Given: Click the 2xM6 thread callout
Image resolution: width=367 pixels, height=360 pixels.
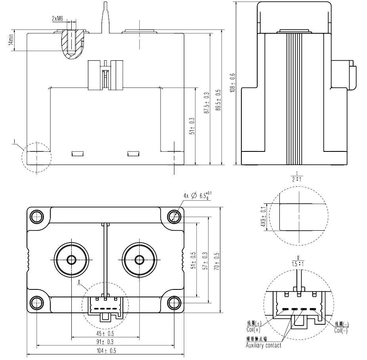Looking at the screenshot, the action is pyautogui.click(x=57, y=19).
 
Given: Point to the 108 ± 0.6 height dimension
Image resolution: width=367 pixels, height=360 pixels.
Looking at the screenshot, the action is pyautogui.click(x=233, y=82).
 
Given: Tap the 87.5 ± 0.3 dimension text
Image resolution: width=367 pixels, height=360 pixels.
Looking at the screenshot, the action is pyautogui.click(x=206, y=103).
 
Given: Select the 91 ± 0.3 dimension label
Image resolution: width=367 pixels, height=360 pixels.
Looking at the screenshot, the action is pyautogui.click(x=105, y=342).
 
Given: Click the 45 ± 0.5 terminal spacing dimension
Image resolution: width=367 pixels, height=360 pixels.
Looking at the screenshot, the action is pyautogui.click(x=105, y=333).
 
